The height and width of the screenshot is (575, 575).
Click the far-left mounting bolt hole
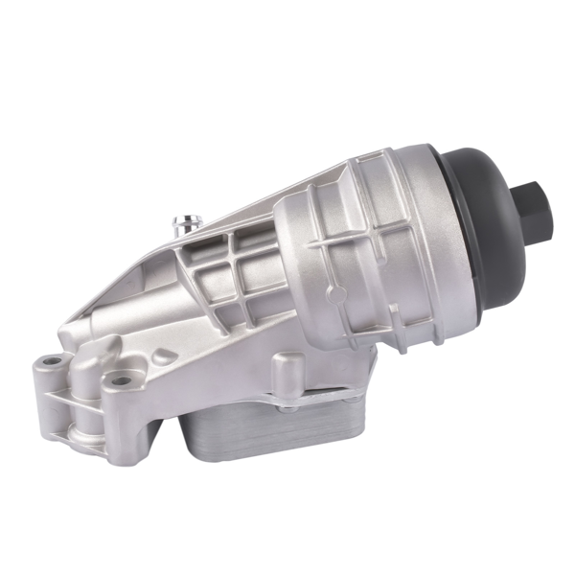point(53,363)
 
